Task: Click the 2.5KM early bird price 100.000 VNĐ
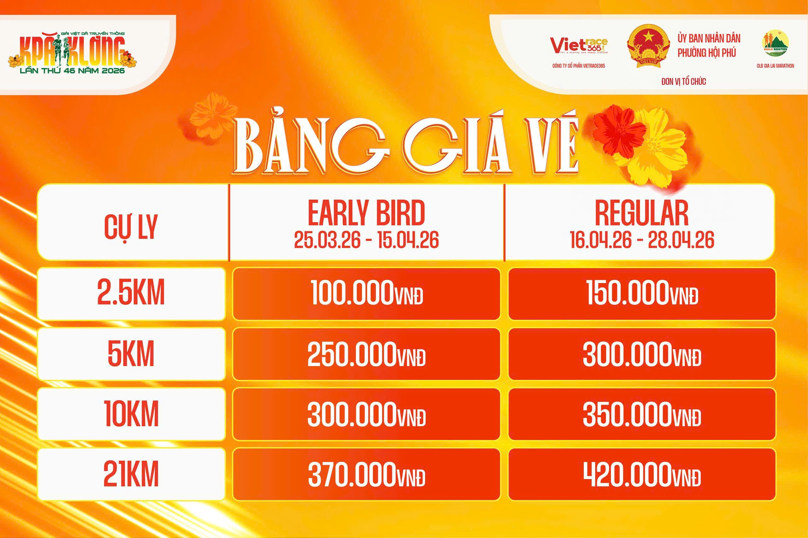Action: point(367,293)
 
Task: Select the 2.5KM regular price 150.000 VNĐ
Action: point(642,293)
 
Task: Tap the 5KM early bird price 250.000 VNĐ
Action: point(367,354)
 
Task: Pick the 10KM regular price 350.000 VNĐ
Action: point(642,414)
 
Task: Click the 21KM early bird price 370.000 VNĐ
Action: point(367,475)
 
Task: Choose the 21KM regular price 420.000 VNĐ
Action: point(642,475)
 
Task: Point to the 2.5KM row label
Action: point(131,293)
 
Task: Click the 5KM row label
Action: point(131,354)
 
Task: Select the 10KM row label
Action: point(131,414)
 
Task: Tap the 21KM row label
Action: point(131,475)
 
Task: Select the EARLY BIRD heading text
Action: point(366,213)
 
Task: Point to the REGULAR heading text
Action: point(642,213)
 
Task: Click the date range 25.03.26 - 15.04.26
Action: point(366,240)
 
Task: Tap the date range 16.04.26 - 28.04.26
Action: point(642,240)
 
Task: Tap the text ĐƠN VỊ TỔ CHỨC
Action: point(683,82)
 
